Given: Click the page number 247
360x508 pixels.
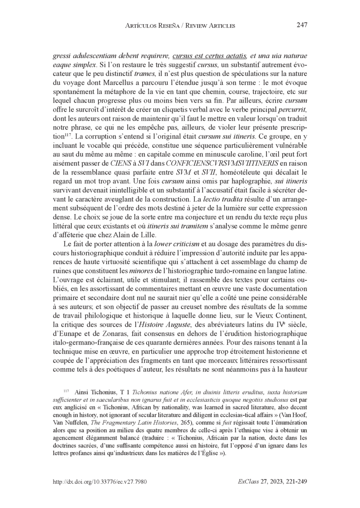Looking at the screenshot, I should tap(301, 26).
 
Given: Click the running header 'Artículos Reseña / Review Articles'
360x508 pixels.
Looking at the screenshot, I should tap(179, 26).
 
